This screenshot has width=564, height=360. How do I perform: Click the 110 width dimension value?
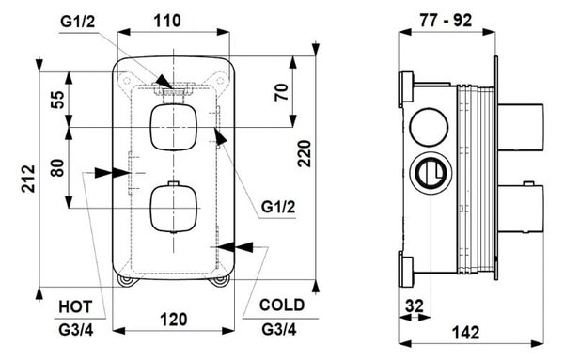pyautogui.click(x=167, y=21)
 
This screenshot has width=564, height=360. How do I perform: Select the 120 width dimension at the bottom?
pyautogui.click(x=174, y=320)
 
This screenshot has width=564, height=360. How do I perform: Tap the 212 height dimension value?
pyautogui.click(x=28, y=179)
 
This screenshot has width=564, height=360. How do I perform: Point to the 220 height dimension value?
pyautogui.click(x=305, y=154)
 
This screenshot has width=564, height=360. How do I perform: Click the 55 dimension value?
pyautogui.click(x=57, y=100)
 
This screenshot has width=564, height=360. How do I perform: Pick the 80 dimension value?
pyautogui.click(x=57, y=167)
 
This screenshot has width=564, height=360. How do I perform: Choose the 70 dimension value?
pyautogui.click(x=282, y=92)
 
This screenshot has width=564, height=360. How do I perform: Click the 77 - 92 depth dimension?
pyautogui.click(x=446, y=21)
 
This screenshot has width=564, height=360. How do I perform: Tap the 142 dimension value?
pyautogui.click(x=466, y=333)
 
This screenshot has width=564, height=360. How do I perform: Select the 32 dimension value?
pyautogui.click(x=415, y=306)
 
